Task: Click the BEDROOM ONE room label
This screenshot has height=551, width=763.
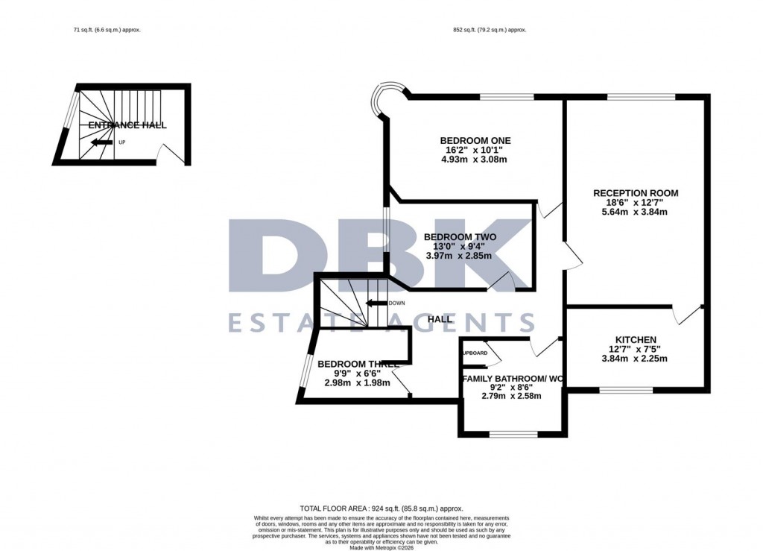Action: click(475, 140)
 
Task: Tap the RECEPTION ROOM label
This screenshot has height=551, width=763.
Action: click(636, 193)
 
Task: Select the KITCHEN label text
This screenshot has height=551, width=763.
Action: click(636, 339)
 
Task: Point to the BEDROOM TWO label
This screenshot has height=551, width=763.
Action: click(460, 237)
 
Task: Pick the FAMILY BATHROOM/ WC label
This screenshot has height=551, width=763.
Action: click(513, 379)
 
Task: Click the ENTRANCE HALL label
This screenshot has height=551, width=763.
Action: click(127, 125)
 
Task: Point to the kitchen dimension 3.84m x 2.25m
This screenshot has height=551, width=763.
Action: click(636, 359)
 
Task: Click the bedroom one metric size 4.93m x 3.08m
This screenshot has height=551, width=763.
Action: click(475, 160)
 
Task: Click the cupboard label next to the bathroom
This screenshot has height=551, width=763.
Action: click(475, 353)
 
